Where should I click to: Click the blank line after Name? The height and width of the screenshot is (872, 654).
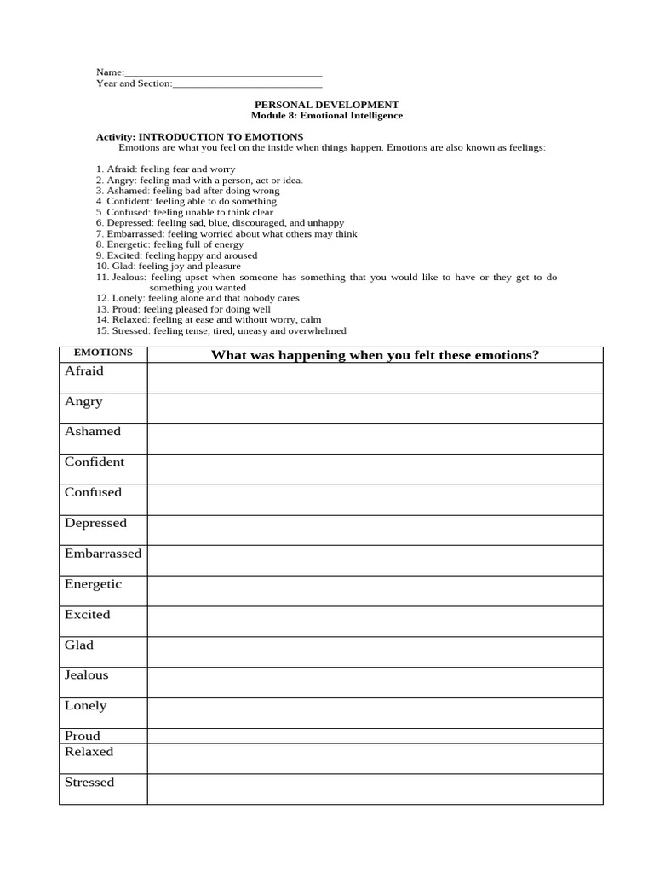223,73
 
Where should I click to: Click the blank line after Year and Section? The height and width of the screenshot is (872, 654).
247,84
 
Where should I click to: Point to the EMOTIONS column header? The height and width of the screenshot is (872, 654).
103,352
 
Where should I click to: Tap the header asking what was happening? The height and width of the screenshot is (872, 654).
375,355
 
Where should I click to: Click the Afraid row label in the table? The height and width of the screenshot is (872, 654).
84,371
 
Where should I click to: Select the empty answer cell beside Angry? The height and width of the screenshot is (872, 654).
375,408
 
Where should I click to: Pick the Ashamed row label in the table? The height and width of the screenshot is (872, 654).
93,432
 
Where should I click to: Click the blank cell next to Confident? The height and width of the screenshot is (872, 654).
375,468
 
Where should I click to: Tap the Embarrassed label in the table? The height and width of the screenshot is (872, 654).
103,554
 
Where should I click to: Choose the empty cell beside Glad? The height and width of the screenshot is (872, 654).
375,651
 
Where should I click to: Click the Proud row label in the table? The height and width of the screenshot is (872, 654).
83,736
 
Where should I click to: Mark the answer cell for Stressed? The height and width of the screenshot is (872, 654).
375,789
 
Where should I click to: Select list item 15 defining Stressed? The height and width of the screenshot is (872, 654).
221,331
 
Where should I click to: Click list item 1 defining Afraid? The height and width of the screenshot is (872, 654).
166,169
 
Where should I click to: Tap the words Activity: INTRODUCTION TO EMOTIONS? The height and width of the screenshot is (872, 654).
199,136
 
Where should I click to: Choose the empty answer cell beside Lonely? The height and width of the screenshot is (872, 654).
375,713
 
